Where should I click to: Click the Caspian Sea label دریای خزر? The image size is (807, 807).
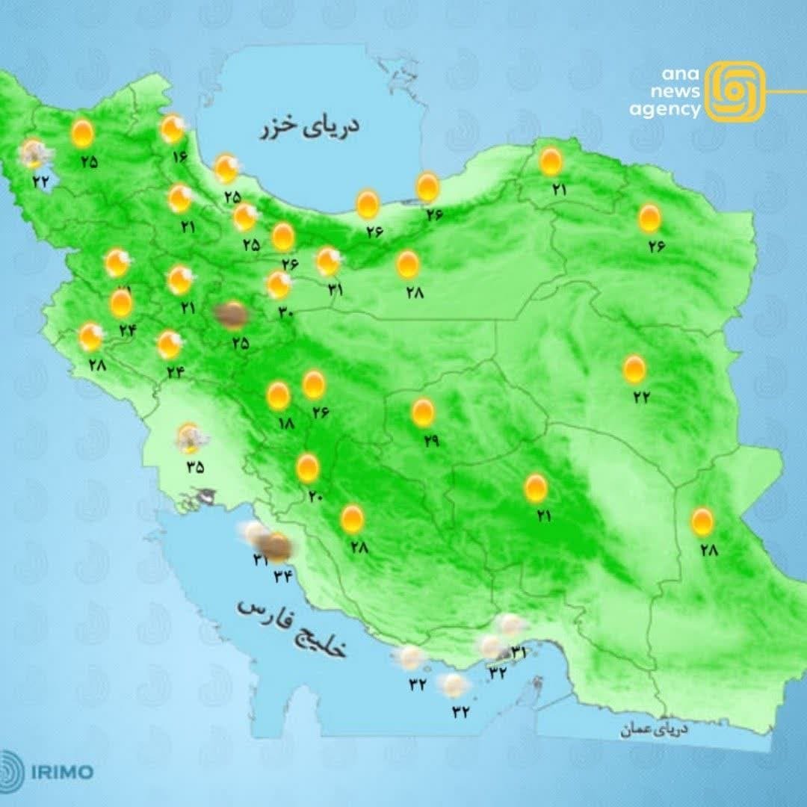pyautogui.click(x=309, y=127)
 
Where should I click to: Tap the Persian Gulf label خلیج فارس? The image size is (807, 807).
pyautogui.click(x=293, y=628)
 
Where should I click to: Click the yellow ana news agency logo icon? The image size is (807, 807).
pyautogui.click(x=735, y=91)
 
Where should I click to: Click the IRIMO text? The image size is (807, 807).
pyautogui.click(x=62, y=771)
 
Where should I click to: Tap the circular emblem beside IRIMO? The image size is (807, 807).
pyautogui.click(x=12, y=771)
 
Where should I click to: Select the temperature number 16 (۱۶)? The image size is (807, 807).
pyautogui.click(x=179, y=157)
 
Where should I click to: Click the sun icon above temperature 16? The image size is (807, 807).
pyautogui.click(x=173, y=129)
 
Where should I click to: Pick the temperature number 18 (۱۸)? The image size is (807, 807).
pyautogui.click(x=285, y=423)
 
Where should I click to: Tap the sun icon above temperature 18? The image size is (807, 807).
pyautogui.click(x=279, y=396)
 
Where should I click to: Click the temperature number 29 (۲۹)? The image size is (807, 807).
pyautogui.click(x=430, y=441)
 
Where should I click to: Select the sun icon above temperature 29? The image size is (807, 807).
pyautogui.click(x=423, y=412)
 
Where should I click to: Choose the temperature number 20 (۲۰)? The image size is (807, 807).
pyautogui.click(x=313, y=494)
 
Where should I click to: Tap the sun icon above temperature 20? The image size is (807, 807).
pyautogui.click(x=307, y=468)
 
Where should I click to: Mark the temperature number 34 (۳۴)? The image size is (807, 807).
pyautogui.click(x=285, y=575)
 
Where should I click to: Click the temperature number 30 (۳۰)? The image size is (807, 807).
pyautogui.click(x=285, y=312)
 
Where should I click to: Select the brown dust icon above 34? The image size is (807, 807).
pyautogui.click(x=278, y=548)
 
